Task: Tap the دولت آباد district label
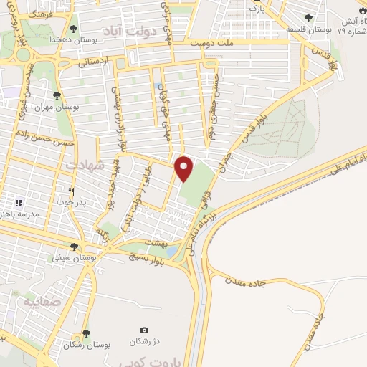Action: tap(148, 32)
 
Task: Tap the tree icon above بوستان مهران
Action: tap(56, 95)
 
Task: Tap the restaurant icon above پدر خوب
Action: tap(71, 191)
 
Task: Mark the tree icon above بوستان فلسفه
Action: tap(308, 18)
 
